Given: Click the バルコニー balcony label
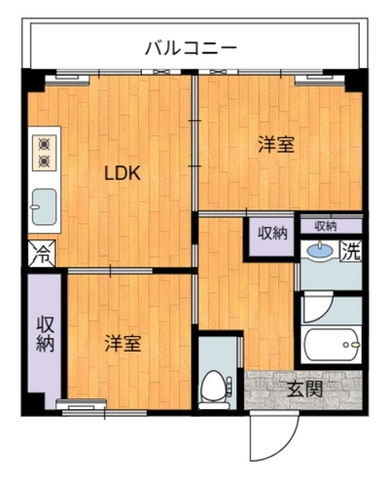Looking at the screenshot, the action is (191, 49).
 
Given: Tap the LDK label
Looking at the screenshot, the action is (123, 173).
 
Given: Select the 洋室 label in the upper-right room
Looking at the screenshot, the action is (276, 145).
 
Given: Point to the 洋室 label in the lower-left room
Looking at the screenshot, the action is (123, 343).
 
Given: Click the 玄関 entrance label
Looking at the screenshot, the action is (305, 390).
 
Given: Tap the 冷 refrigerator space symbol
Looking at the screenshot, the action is (42, 253).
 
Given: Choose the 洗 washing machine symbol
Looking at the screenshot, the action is (351, 251).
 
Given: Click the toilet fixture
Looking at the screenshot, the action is (215, 390).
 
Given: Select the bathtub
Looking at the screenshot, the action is (332, 345).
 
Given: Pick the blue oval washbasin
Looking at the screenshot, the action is (320, 250).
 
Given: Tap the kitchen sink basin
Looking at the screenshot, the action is (44, 206).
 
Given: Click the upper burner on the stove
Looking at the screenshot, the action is (44, 144).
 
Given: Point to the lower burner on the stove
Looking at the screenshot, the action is (44, 161).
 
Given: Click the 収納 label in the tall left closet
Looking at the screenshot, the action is (45, 333).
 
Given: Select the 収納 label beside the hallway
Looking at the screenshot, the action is (272, 233).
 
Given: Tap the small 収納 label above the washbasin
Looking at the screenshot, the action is (326, 226).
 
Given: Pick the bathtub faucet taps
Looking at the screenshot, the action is (352, 345).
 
